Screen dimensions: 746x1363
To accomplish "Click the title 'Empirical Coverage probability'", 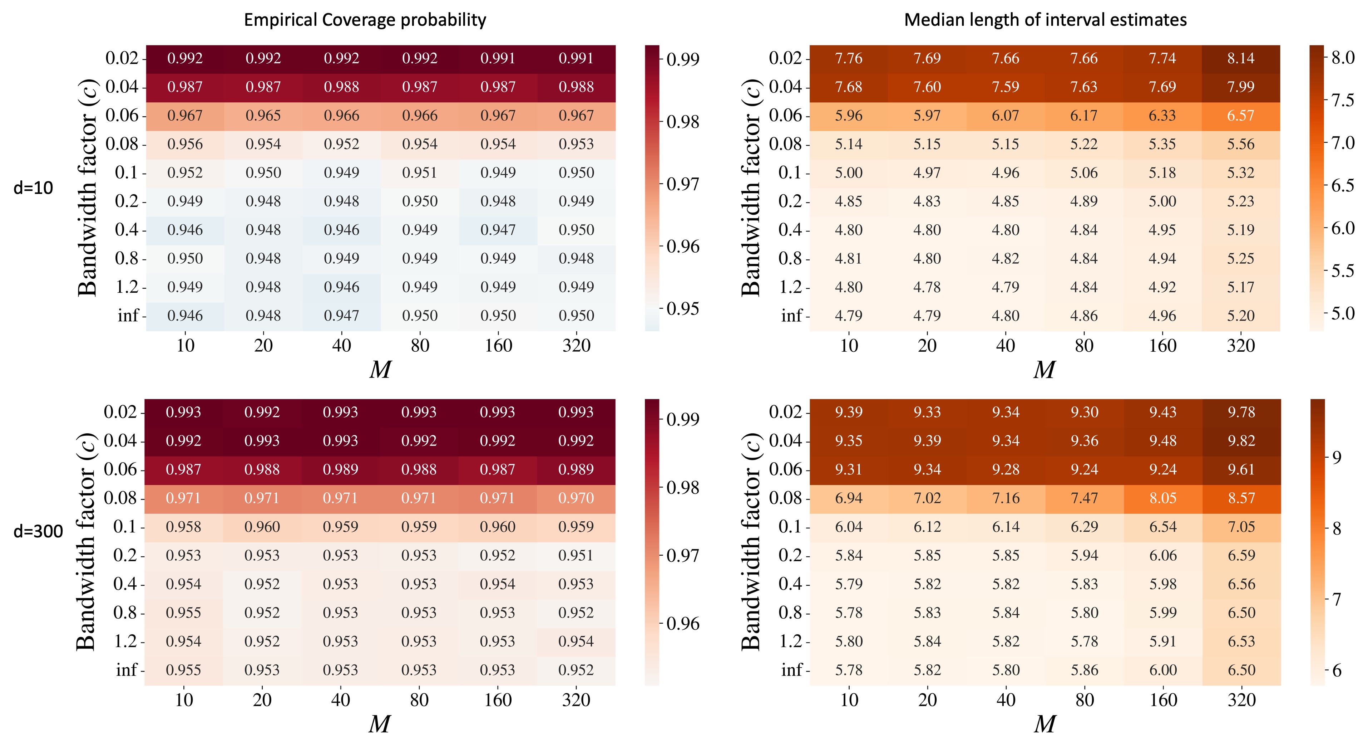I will coord(365,20).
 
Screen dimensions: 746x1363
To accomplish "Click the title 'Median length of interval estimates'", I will coord(1045,20).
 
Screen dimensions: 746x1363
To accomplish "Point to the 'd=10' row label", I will coord(33,187).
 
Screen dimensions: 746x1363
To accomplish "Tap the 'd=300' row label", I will coord(38,531).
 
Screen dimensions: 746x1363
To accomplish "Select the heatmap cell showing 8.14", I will coord(1241,58).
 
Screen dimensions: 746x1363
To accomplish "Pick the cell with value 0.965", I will coord(263,116).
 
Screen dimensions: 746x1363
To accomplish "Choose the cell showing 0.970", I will coord(576,498).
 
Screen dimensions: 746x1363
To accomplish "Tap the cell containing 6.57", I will coord(1241,116).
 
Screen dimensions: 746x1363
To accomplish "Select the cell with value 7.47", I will coord(1084,498).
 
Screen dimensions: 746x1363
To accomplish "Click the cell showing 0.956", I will coord(185,144).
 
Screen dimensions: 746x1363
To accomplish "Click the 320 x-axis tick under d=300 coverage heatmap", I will coord(576,700).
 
